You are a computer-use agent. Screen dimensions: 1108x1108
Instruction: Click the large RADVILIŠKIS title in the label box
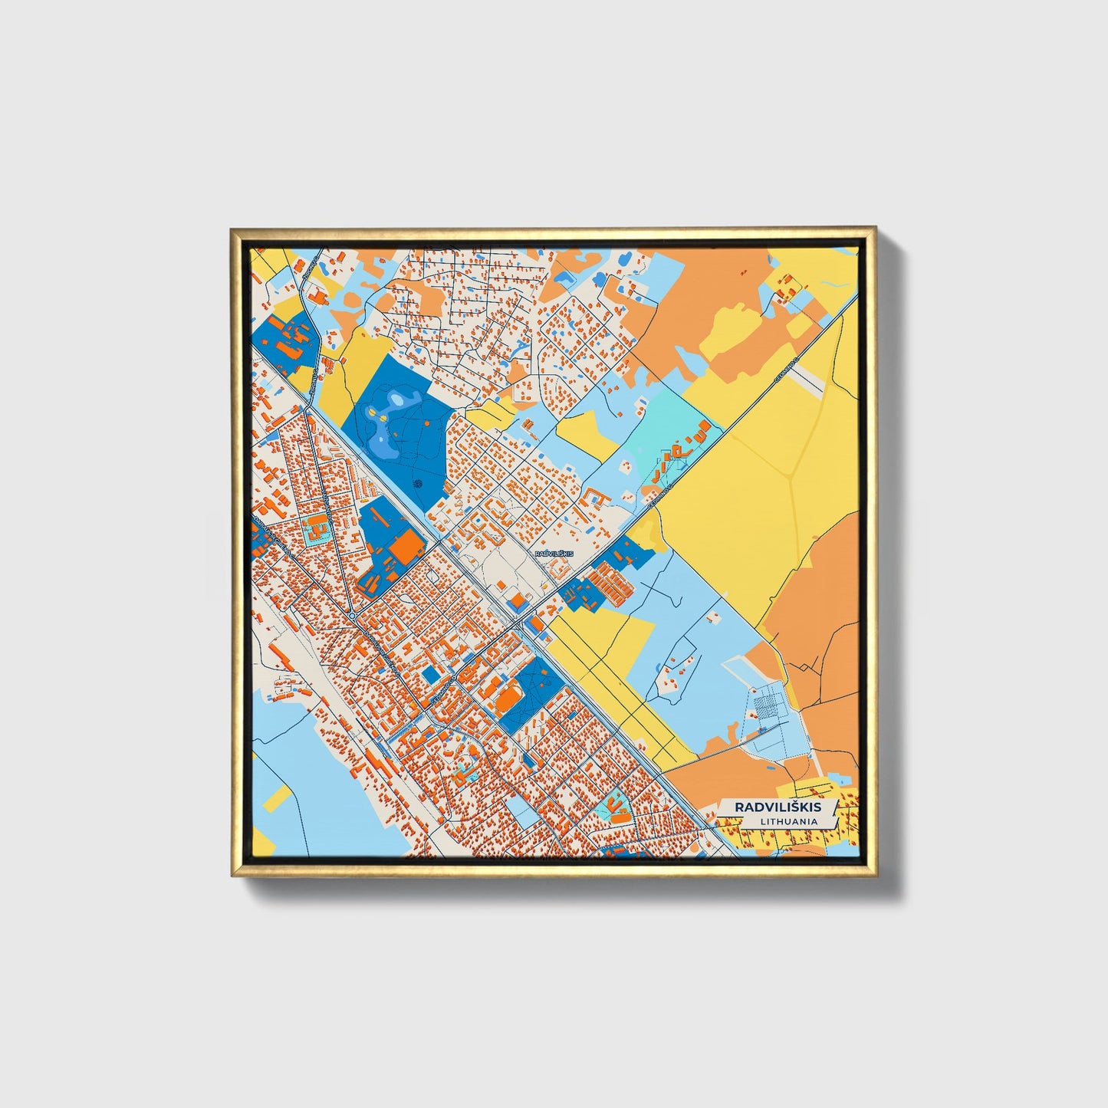click(x=778, y=807)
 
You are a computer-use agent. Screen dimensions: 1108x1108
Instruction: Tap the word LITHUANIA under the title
click(x=789, y=821)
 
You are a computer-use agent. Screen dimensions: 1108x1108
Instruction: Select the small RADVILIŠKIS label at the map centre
click(x=554, y=553)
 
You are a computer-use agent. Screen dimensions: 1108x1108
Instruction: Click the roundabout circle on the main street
click(x=352, y=616)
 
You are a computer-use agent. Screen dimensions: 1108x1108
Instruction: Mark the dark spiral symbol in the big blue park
click(x=418, y=484)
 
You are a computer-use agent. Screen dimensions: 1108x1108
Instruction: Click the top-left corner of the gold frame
click(x=233, y=229)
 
